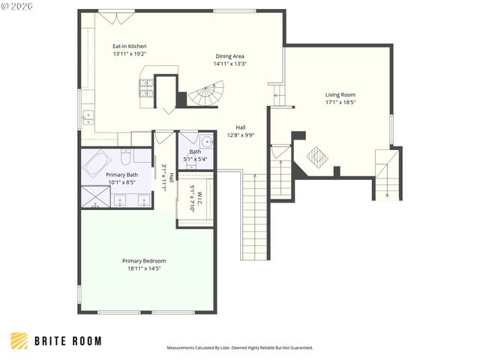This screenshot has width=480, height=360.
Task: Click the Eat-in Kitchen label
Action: point(129,46)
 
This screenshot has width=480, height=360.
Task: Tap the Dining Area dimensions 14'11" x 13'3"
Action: point(230,64)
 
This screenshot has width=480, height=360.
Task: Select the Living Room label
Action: point(340,94)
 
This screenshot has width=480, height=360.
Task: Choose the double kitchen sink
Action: point(88,115)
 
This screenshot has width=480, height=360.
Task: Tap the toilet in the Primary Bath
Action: point(125,156)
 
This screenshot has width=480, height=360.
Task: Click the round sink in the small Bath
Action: point(206,141)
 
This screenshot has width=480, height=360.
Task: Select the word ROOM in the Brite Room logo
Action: point(85,341)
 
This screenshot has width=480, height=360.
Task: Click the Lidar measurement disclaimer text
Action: point(239,348)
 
